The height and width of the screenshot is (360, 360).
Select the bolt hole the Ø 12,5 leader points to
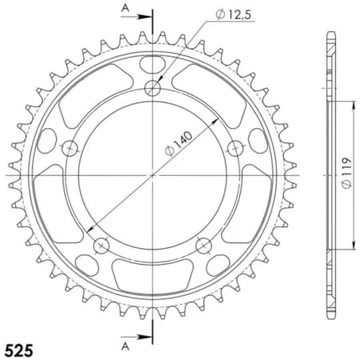[x=153, y=88]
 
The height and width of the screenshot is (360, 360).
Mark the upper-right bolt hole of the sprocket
[x=235, y=148]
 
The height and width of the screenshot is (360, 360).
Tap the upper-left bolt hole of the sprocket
[x=70, y=148]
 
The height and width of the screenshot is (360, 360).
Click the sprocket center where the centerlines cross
[x=153, y=175]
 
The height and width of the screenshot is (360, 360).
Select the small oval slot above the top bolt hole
[x=153, y=63]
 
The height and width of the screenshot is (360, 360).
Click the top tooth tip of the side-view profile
[x=330, y=36]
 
